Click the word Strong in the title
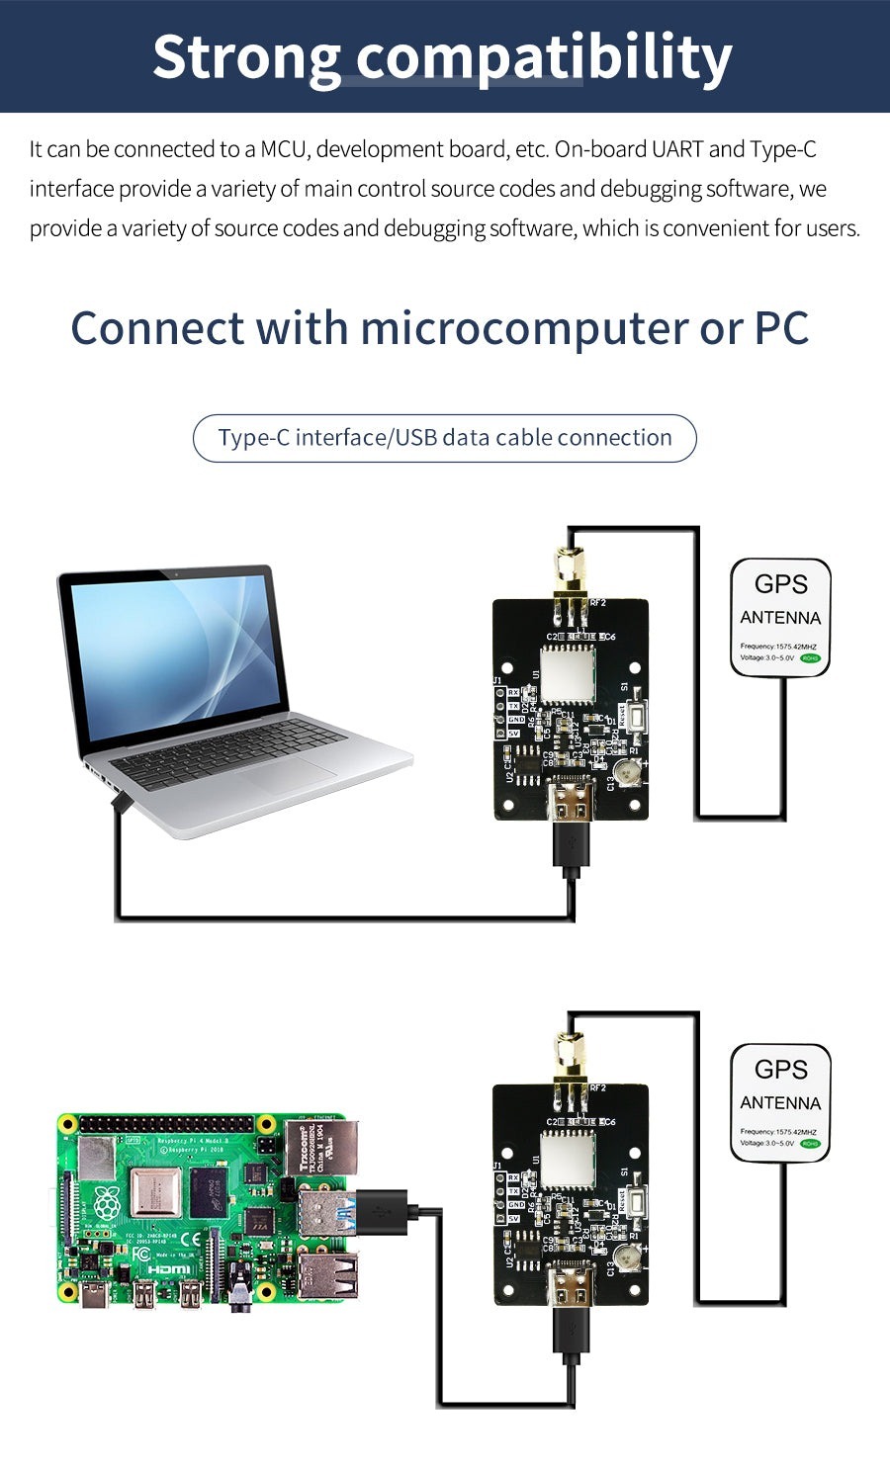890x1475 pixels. click(247, 56)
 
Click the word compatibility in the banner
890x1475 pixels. click(544, 58)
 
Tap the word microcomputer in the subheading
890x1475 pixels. click(524, 328)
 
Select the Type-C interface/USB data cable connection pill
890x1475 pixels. click(444, 438)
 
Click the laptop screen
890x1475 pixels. click(174, 652)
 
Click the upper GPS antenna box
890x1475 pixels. click(780, 618)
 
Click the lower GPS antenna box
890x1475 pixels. click(780, 1102)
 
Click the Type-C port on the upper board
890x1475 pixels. click(571, 798)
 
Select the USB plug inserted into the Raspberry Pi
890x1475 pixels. click(381, 1212)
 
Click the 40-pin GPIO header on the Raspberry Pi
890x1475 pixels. click(167, 1125)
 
